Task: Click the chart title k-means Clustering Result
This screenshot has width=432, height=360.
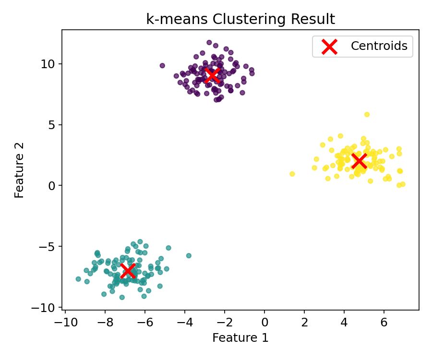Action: pos(240,19)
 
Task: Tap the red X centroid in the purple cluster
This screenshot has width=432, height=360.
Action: pos(212,75)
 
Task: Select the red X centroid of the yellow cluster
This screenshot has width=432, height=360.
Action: pos(359,161)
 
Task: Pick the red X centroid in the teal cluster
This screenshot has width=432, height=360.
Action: pos(128,270)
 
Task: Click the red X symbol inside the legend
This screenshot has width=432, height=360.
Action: pos(329,47)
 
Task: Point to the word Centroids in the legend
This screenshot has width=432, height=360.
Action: pos(379,46)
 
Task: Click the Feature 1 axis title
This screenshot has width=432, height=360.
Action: pos(240,337)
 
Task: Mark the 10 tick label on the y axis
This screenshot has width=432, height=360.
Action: pos(51,64)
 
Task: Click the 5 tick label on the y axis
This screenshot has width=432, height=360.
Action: pos(54,125)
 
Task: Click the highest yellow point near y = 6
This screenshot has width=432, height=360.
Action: pos(367,114)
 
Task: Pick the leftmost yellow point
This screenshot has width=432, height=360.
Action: pos(292,174)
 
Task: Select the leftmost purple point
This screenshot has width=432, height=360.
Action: pos(162,65)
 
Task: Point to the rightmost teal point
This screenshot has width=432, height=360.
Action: pos(189,255)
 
